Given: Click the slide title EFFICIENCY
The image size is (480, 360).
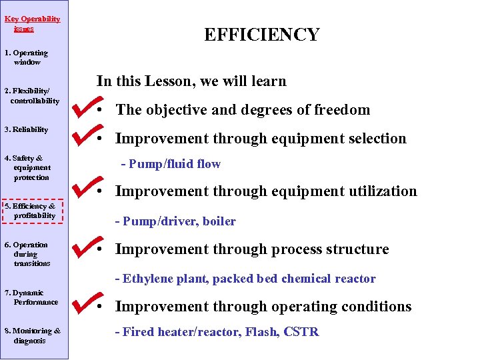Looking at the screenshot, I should pos(261,35).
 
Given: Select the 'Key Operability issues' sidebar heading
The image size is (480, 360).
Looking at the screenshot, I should pos(32,24).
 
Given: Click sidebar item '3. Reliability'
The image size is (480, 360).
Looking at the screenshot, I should pos(27,129).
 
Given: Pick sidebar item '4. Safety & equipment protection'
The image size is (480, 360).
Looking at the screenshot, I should pos(28,167).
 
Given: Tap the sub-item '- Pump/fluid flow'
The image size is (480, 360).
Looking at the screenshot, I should pos(171,164).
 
